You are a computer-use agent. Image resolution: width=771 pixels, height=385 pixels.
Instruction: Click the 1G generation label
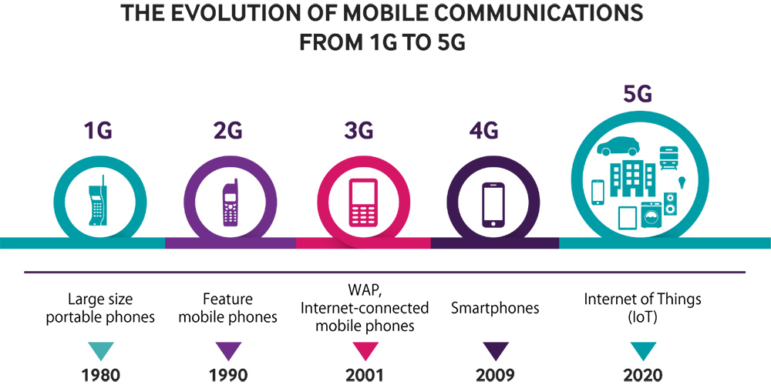pos(98,130)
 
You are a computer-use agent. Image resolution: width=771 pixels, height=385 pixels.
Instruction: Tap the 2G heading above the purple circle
pos(229,130)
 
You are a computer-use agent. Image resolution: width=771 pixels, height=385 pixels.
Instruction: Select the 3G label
pos(359,130)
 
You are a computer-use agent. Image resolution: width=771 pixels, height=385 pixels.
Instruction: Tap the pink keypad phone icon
pos(361,203)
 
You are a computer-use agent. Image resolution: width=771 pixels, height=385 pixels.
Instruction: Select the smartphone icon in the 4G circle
pos(493,204)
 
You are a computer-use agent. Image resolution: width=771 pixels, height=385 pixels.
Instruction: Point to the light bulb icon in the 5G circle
pos(682,182)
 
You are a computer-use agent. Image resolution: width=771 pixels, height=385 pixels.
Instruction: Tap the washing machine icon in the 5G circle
pos(650,216)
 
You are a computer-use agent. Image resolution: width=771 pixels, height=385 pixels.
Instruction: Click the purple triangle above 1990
pos(229,350)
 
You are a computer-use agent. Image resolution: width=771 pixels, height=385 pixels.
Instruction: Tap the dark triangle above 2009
pos(492,350)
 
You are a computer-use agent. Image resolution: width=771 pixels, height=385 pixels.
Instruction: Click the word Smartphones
pos(494,309)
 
